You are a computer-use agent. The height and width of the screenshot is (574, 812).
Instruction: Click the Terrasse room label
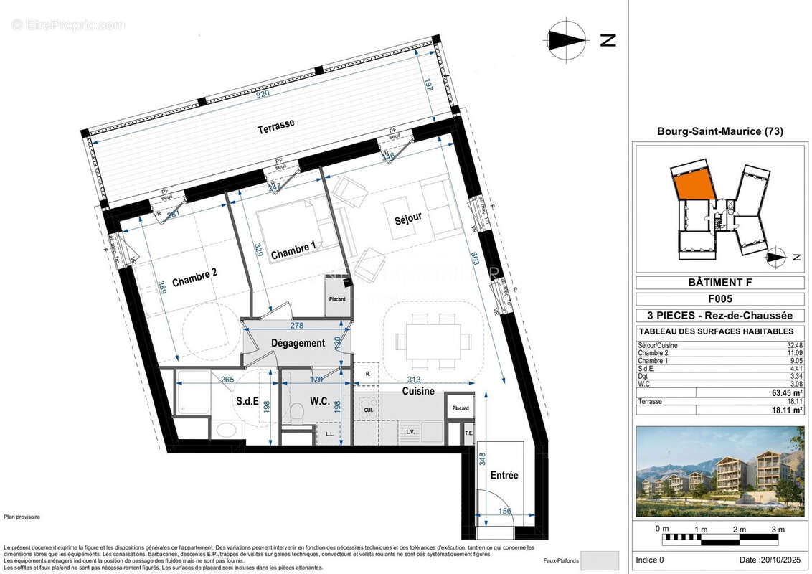(x=276, y=124)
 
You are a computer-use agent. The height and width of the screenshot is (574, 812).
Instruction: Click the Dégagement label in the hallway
(x=298, y=343)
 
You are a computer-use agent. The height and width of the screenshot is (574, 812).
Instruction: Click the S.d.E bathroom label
(x=246, y=402)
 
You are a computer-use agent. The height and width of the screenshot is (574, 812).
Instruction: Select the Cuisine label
(x=417, y=391)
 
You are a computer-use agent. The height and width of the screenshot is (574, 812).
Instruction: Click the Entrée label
(x=504, y=475)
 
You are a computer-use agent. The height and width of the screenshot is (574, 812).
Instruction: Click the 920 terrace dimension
(x=260, y=93)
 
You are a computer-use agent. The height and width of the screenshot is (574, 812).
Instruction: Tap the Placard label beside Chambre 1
(x=337, y=299)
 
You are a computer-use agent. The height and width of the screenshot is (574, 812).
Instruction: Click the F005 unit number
(x=719, y=299)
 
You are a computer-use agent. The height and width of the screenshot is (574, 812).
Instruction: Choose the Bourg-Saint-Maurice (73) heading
(x=719, y=131)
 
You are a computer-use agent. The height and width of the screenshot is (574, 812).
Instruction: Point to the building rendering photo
(x=719, y=461)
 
